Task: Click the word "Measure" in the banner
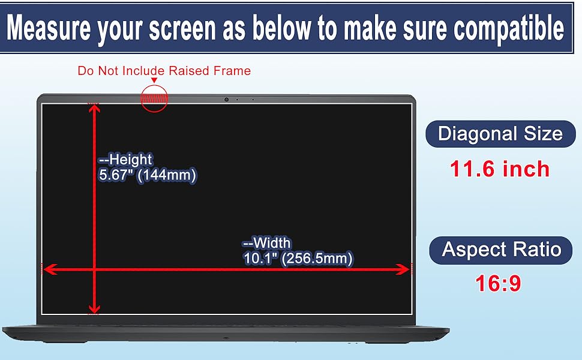pos(49,28)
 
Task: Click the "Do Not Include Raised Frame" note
pos(164,71)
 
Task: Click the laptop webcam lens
pos(226,100)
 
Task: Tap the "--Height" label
pos(125,159)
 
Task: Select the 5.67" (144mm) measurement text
pos(148,175)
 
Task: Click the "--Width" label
pos(266,243)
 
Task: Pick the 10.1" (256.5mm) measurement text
pos(298,259)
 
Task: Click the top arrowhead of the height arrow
pos(94,109)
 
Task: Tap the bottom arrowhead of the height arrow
pos(94,309)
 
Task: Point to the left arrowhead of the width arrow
pos(49,269)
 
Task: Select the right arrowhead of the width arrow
pos(403,269)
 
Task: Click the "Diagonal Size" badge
pos(500,134)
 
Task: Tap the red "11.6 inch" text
pos(500,169)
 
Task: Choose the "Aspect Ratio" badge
pos(501,250)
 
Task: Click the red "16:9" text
pos(498,283)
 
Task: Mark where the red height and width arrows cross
pos(94,269)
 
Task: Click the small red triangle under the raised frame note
pos(154,80)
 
